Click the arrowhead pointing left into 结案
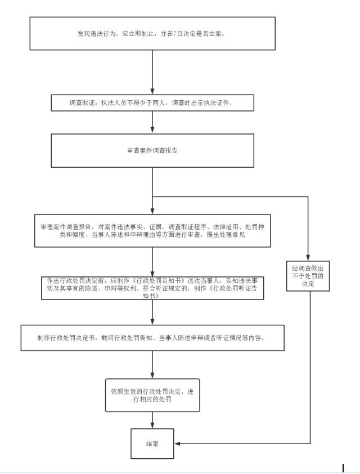(x=177, y=444)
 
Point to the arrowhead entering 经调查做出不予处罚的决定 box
(x=308, y=258)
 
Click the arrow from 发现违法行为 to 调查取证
(x=152, y=72)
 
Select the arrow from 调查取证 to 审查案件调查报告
(x=152, y=122)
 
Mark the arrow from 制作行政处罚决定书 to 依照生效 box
(x=152, y=365)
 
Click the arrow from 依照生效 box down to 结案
(x=152, y=420)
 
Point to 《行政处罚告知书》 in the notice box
(x=159, y=280)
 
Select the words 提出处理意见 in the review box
(x=226, y=235)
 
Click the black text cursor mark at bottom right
(x=343, y=468)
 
